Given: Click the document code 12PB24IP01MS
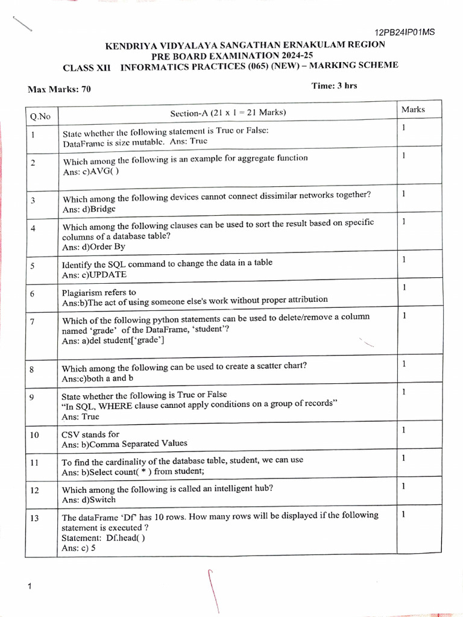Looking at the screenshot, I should tap(404, 32).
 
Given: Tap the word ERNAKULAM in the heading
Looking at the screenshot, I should tap(317, 45).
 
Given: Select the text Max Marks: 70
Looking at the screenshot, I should tap(59, 89).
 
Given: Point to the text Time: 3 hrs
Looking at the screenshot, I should tap(334, 86).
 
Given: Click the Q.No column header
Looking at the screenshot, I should tap(40, 116).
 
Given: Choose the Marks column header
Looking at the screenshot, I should tap(413, 110).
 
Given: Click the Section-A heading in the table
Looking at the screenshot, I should tap(228, 113).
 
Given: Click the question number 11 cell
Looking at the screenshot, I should tap(34, 463).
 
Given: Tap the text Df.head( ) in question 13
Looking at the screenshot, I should tap(125, 538).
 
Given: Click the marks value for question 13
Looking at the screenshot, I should tap(403, 514).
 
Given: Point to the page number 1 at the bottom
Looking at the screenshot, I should tap(28, 586).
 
